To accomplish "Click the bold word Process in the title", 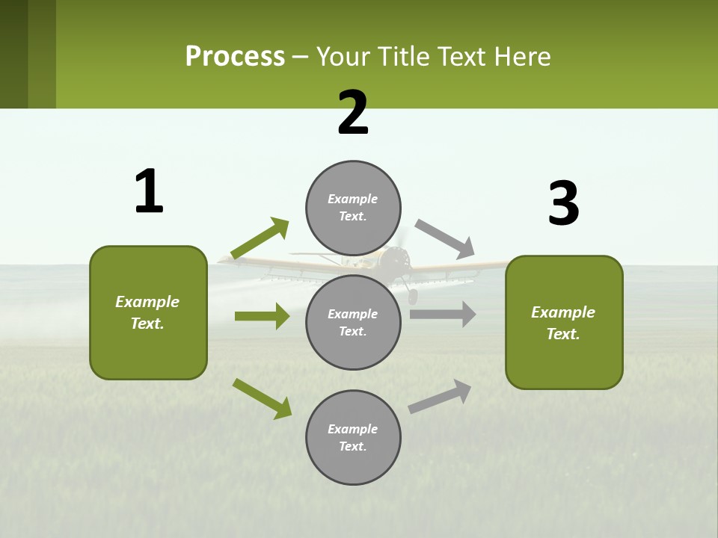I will click(x=235, y=56).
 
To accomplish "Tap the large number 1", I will click(x=149, y=191).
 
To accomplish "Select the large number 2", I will click(x=353, y=113).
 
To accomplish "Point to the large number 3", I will click(x=563, y=203).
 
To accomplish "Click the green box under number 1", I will click(x=148, y=312).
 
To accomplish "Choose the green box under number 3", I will click(x=564, y=322).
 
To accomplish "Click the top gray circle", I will click(x=353, y=208).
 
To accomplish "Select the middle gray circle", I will click(x=353, y=322).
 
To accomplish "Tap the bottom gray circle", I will click(x=353, y=437).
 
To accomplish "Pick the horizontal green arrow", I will click(x=262, y=316).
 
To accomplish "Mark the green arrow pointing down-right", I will click(x=262, y=398).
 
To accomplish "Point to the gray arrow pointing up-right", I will click(x=441, y=396).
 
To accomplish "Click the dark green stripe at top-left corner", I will click(x=13, y=54).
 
